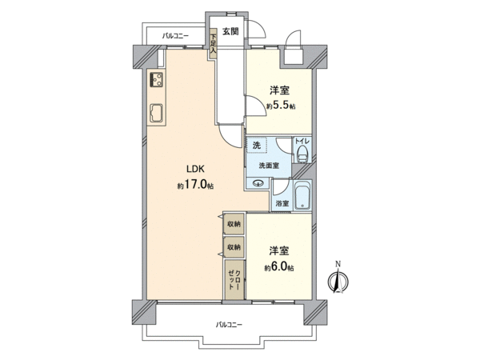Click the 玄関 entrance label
pos(230,31)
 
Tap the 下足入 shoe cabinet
pos(213,44)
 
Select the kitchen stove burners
pos(157,79)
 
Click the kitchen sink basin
pos(157,114)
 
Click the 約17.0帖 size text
pos(195,186)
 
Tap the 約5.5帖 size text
pos(281,106)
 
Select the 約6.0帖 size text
pos(279,267)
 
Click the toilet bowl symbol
pos(302,154)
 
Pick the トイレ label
pos(302,141)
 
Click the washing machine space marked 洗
pos(257,145)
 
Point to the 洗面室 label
pos(269,166)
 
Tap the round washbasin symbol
pos(259,183)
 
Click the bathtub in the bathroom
pos(302,195)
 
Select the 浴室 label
pos(282,203)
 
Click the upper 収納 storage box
pos(234,224)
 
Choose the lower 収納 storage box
pos(234,246)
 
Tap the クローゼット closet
pos(234,279)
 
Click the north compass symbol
pos(338,280)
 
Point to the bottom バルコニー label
pos(229,325)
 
